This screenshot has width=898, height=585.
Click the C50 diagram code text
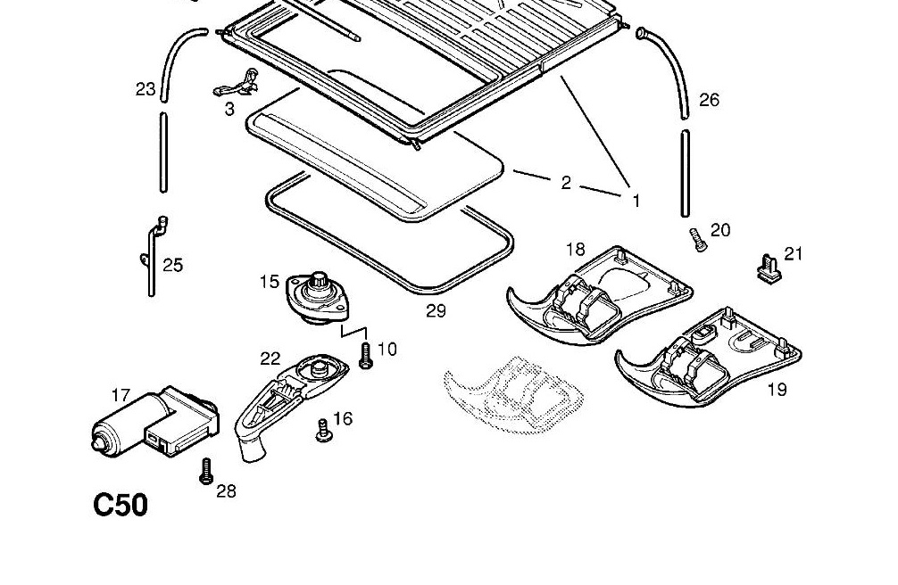pos(121,506)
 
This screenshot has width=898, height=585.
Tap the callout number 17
pos(121,395)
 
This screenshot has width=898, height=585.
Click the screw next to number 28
pos(205,471)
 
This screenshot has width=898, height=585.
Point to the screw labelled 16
pos(322,432)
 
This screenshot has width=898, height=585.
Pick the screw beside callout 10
pos(364,356)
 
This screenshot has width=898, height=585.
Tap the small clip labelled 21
pos(766,267)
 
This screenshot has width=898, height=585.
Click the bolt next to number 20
pos(697,239)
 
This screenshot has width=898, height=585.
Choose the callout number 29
pos(436,311)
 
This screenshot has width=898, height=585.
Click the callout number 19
pos(777,390)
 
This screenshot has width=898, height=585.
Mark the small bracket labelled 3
pos(236,87)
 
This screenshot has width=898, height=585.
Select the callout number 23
pos(146,89)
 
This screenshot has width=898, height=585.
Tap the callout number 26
pos(709,100)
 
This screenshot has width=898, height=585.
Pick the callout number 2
pos(566,183)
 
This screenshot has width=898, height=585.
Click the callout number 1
pos(636,202)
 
